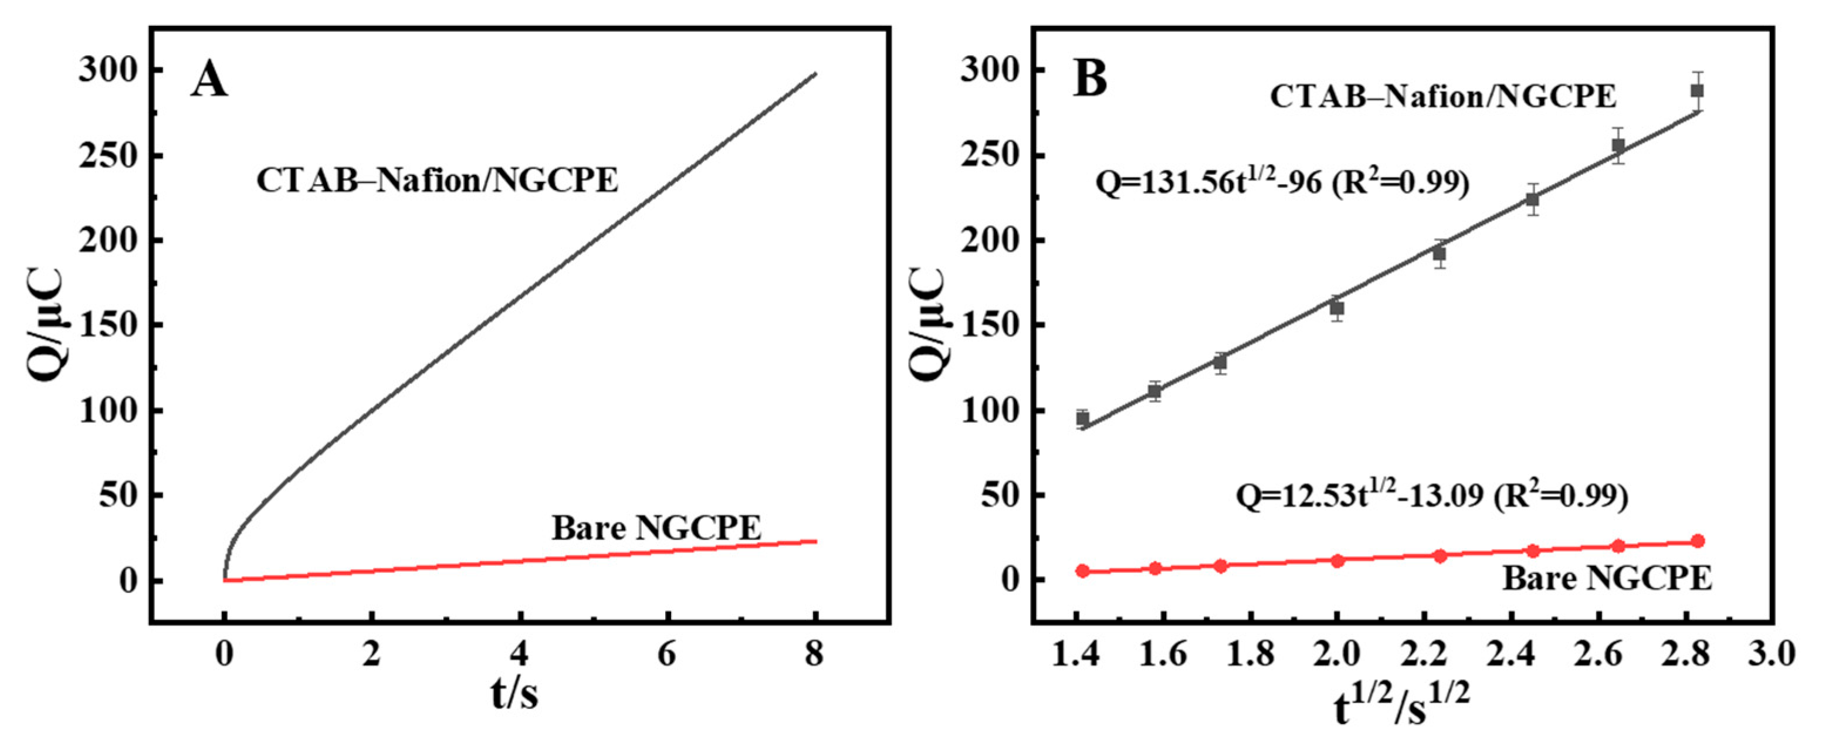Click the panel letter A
(x=209, y=79)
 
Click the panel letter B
(x=1090, y=79)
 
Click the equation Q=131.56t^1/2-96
(x=1282, y=184)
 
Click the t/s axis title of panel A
(x=514, y=695)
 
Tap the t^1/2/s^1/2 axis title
(x=1402, y=708)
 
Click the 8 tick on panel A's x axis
(x=815, y=654)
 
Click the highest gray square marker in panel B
(x=1698, y=90)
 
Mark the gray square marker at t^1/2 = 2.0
(x=1337, y=308)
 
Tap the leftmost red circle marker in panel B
(x=1082, y=571)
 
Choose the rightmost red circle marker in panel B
(x=1698, y=541)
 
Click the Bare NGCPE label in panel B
(x=1607, y=578)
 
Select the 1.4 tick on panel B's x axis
(x=1075, y=654)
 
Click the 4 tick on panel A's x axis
(x=520, y=654)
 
